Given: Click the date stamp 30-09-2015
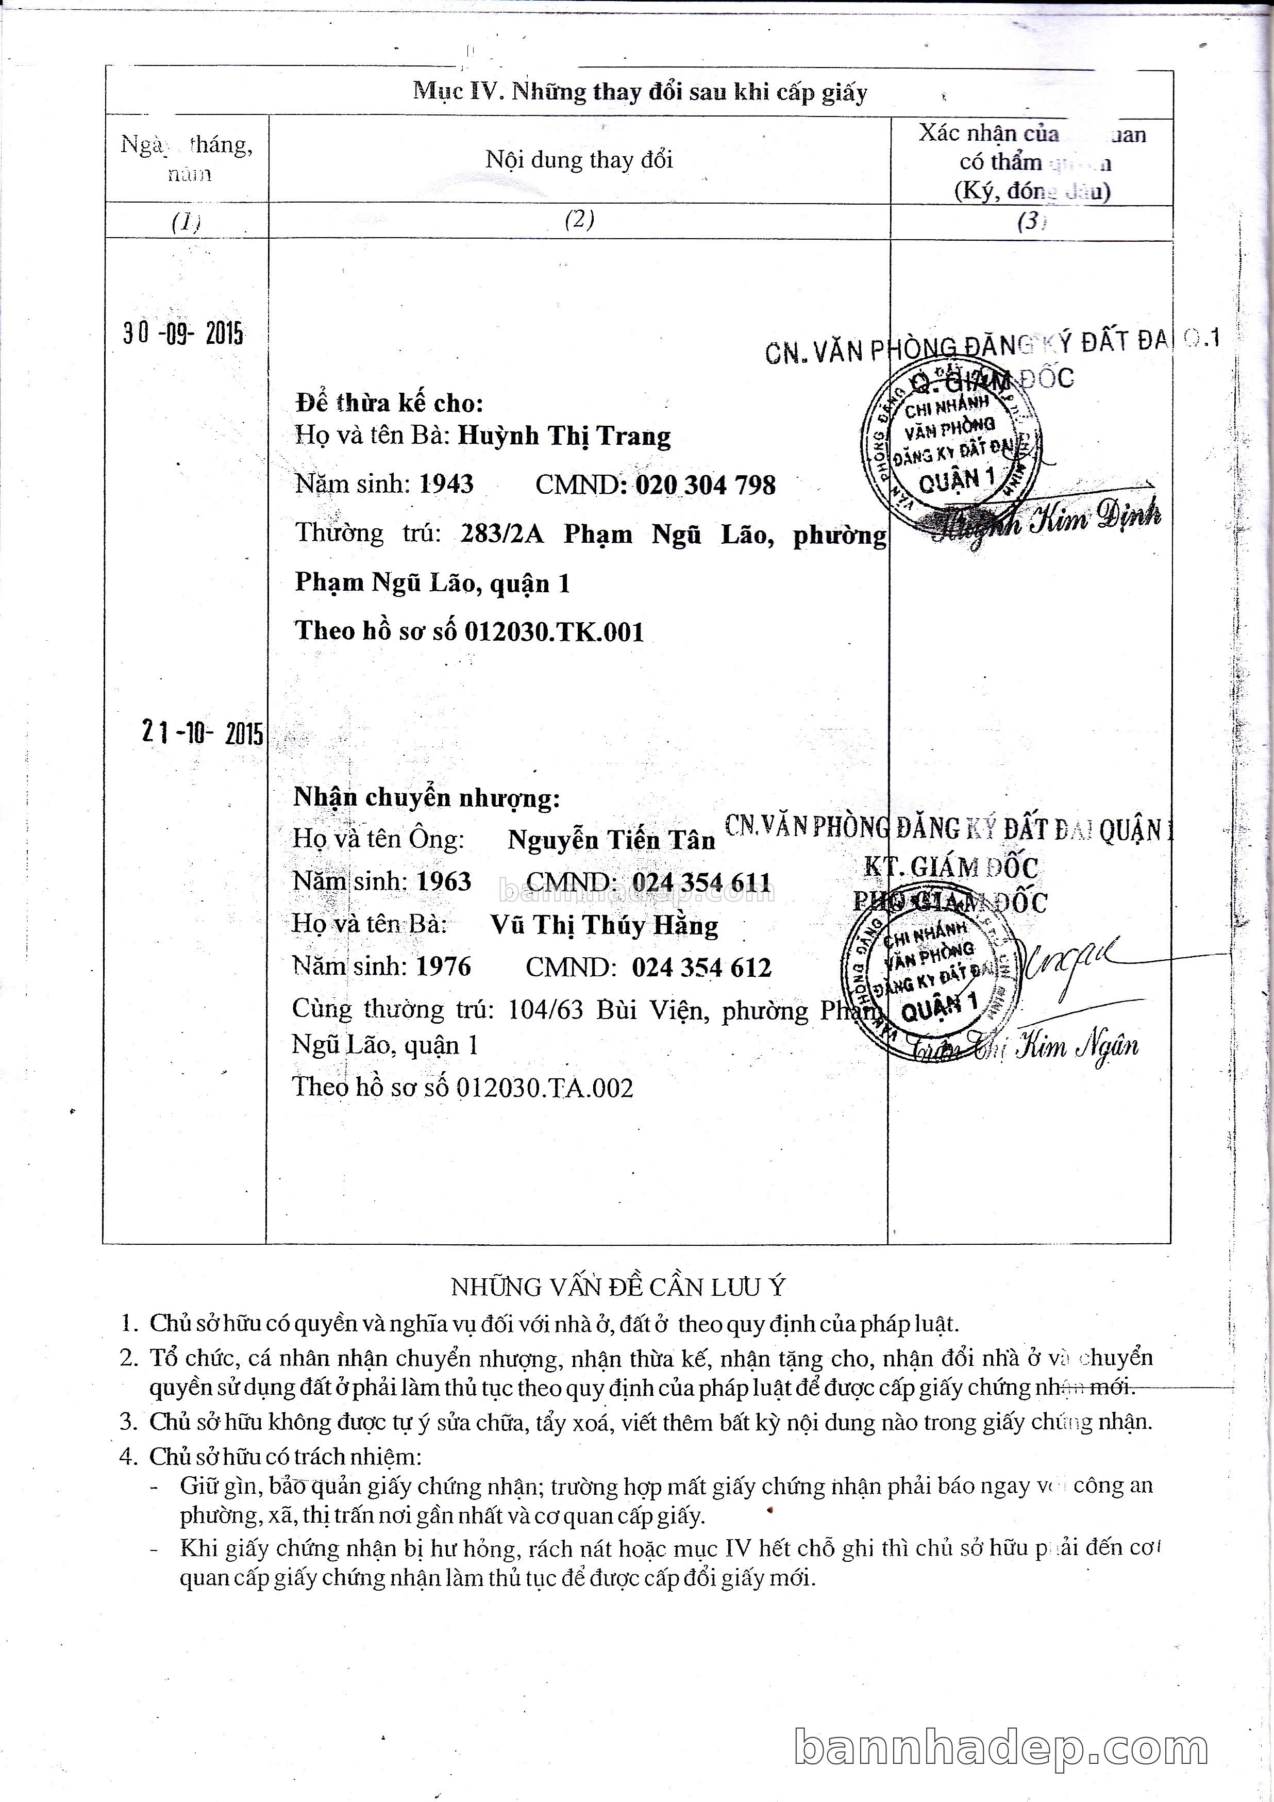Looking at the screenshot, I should [183, 335].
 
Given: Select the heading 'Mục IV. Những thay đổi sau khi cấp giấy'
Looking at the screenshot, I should [640, 93].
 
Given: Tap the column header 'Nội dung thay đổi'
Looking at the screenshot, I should [579, 160].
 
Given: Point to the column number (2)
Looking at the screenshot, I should [579, 220].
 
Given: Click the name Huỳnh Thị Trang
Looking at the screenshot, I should [564, 437].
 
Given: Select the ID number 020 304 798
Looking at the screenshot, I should [705, 485].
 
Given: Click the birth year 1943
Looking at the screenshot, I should [446, 484].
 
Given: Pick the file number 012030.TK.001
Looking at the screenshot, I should [554, 632].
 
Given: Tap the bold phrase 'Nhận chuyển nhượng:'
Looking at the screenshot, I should [427, 798].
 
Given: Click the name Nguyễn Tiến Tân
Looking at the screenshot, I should [611, 841].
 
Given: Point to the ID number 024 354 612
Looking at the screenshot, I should [702, 967].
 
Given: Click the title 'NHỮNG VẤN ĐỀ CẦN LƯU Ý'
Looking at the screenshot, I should [618, 1287].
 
